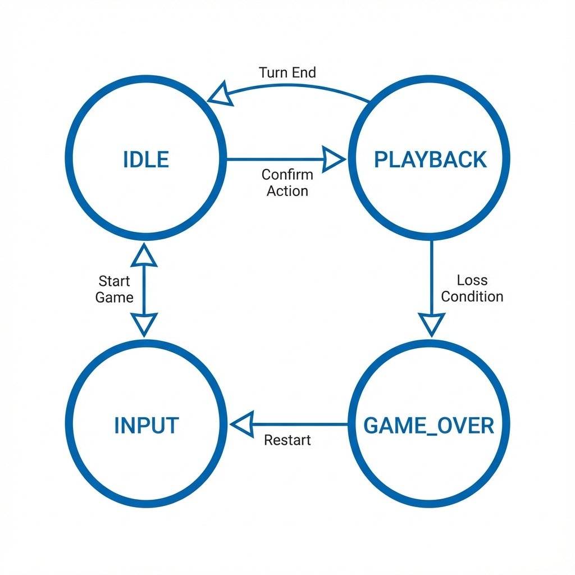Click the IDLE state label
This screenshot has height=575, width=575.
pyautogui.click(x=145, y=160)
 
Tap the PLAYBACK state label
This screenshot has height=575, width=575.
pyautogui.click(x=430, y=160)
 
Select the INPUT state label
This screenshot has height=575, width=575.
pyautogui.click(x=146, y=426)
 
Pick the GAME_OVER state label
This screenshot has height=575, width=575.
pyautogui.click(x=429, y=426)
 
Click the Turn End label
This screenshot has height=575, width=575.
pyautogui.click(x=287, y=72)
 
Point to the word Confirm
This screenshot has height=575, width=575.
pyautogui.click(x=287, y=175)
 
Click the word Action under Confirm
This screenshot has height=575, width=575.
pyautogui.click(x=287, y=191)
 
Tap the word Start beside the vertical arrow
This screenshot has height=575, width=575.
pyautogui.click(x=114, y=281)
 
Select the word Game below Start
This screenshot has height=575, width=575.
pyautogui.click(x=114, y=297)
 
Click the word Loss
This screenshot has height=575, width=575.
pyautogui.click(x=472, y=280)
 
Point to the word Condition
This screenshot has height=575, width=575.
pyautogui.click(x=472, y=296)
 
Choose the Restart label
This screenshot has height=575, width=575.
pyautogui.click(x=287, y=440)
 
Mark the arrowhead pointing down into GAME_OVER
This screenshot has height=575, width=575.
pyautogui.click(x=432, y=325)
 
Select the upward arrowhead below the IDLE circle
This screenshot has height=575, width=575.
pyautogui.click(x=145, y=255)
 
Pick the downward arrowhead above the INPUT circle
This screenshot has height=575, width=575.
pyautogui.click(x=145, y=324)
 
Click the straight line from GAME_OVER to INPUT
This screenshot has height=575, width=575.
pyautogui.click(x=303, y=424)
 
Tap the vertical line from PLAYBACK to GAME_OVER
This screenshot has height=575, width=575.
pyautogui.click(x=432, y=275)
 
